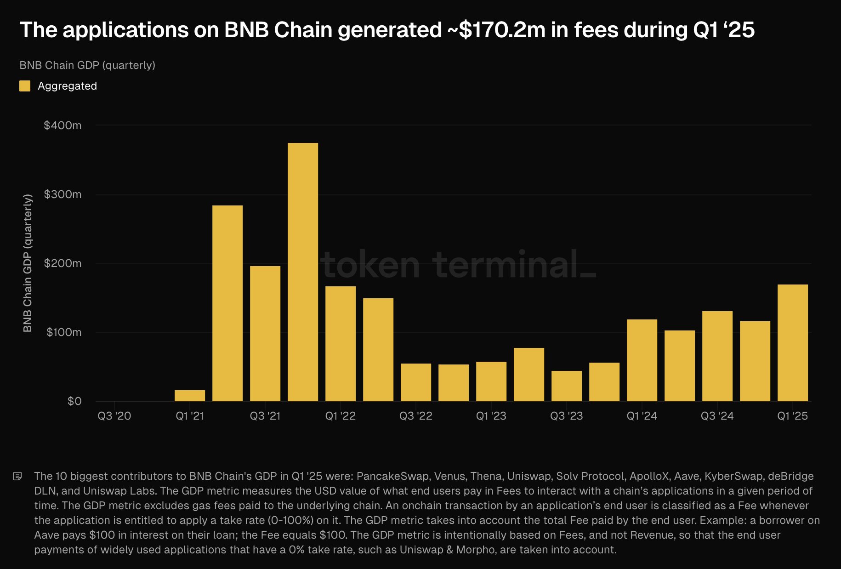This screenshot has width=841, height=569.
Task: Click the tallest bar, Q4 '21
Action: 303,272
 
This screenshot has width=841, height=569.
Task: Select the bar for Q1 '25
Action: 792,343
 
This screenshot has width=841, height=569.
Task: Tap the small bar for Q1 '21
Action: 190,396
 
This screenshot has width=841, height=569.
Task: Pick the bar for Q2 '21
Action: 227,303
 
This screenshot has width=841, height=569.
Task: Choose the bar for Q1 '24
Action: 642,360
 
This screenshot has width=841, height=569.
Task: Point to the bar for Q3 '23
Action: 566,386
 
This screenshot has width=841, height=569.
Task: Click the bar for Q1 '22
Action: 341,344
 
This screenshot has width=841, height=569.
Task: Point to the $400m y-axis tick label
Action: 63,125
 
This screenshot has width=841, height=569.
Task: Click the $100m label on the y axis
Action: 64,332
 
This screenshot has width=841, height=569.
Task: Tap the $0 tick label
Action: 74,401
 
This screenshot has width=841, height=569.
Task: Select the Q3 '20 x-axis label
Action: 114,416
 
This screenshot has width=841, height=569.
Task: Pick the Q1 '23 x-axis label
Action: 491,416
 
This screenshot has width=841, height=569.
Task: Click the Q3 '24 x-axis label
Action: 717,416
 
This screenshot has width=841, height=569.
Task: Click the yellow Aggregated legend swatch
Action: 25,86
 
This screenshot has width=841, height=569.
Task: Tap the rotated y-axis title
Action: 28,263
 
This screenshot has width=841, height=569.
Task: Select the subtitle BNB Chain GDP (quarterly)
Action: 87,65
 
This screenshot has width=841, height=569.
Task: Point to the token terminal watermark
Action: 459,265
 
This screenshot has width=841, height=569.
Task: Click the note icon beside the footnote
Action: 18,476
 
